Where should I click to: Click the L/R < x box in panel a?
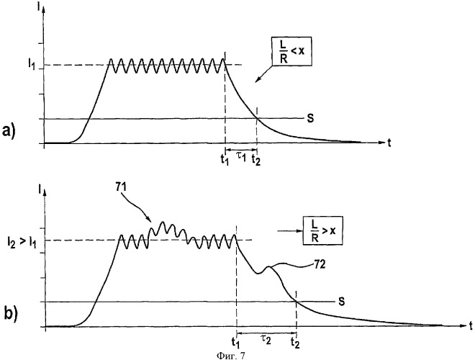[291, 51]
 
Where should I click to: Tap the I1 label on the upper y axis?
[31, 65]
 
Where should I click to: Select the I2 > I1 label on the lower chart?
[22, 242]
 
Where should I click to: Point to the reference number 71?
[122, 187]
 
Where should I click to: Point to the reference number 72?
[319, 264]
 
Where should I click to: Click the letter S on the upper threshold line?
[310, 119]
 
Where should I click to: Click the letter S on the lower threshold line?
[341, 302]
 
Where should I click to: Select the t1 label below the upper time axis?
[225, 160]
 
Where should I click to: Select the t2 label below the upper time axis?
[256, 160]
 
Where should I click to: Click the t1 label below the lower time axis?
[235, 343]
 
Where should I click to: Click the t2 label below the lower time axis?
[295, 343]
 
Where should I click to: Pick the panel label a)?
[9, 132]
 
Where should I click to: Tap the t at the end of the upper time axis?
[389, 143]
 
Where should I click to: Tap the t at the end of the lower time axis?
[471, 325]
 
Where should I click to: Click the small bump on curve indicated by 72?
[268, 267]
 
